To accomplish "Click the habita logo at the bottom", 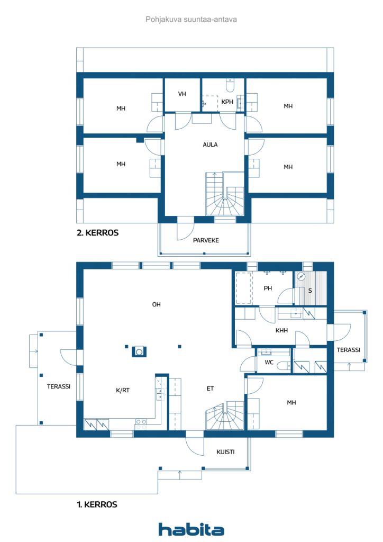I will (x=191, y=529).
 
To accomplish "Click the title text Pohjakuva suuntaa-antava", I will (x=191, y=19).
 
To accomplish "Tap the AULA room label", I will (x=210, y=144).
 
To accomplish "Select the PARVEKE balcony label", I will (x=206, y=240).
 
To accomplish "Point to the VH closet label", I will (x=182, y=94).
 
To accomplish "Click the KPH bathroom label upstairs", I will (x=227, y=102).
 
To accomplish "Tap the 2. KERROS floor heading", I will (x=97, y=232).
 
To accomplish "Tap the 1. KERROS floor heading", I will (x=97, y=504).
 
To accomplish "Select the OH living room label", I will (x=156, y=304).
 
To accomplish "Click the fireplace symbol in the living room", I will (x=139, y=350).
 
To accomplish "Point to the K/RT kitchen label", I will (x=122, y=390).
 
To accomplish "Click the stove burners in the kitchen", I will (x=141, y=422).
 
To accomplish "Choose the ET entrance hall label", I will (x=210, y=389).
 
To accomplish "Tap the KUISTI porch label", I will (x=225, y=452).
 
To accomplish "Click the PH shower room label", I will (x=268, y=288).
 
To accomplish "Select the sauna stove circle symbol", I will (x=302, y=276).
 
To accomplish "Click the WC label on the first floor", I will (x=268, y=363).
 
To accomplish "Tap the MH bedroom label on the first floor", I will (x=291, y=403).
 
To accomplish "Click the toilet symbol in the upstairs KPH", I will (x=230, y=85).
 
